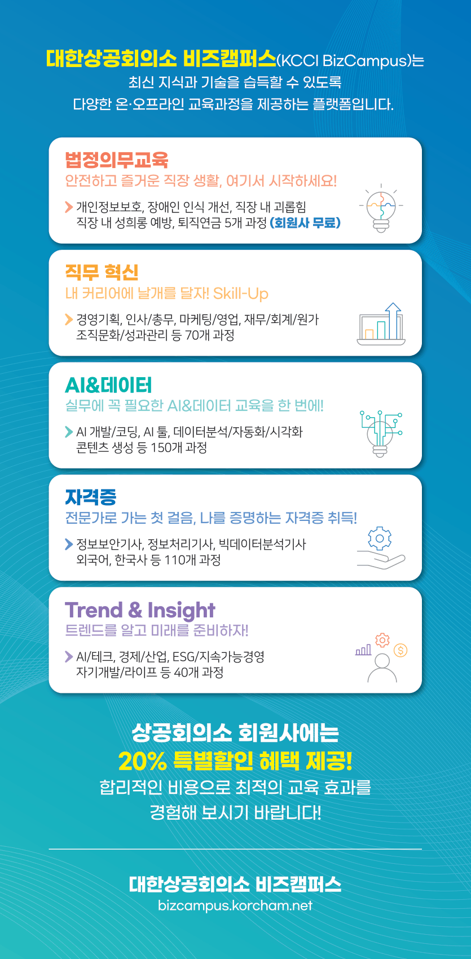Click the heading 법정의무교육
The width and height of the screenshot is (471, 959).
(116, 160)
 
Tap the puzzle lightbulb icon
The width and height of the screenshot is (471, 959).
(381, 208)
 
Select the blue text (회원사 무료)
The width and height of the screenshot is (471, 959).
(305, 223)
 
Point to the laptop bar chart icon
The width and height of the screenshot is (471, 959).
(381, 324)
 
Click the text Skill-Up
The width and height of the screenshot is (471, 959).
(241, 294)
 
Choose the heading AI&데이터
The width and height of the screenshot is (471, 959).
(108, 385)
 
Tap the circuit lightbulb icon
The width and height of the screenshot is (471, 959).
(381, 434)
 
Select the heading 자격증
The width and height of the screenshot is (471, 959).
(91, 497)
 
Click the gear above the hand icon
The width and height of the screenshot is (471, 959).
(380, 538)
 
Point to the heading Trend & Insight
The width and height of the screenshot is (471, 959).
(140, 610)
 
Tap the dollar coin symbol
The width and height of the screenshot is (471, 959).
(400, 651)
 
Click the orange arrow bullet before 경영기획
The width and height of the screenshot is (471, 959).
(68, 319)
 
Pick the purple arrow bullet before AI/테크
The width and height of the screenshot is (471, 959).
(68, 657)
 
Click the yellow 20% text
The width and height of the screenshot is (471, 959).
(143, 761)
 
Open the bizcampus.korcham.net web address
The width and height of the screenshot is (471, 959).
(235, 905)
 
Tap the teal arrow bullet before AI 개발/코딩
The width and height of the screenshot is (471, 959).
(68, 432)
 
